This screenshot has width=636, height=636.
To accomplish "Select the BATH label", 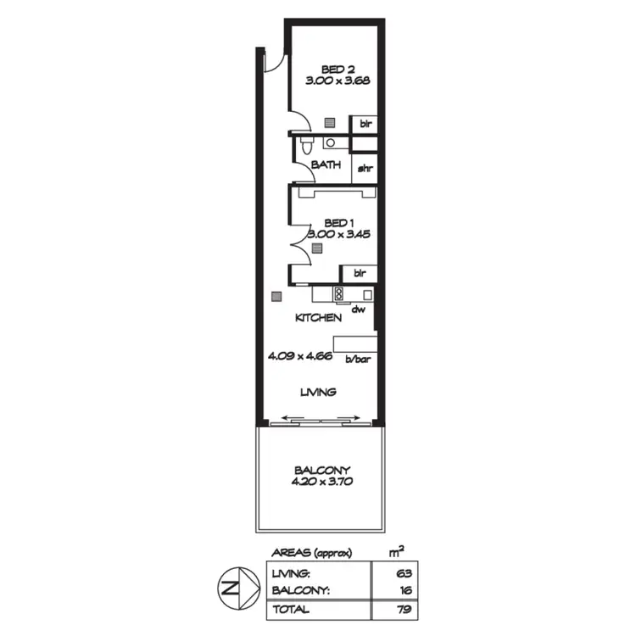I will click(x=326, y=165).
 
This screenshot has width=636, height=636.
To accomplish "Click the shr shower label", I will click(x=365, y=168).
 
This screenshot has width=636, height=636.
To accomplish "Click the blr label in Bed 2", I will click(x=365, y=124).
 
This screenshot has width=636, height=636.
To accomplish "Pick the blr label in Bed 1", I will click(x=359, y=273).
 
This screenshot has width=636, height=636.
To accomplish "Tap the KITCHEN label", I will click(x=318, y=318).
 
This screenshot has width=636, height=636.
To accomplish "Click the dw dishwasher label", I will click(x=358, y=310).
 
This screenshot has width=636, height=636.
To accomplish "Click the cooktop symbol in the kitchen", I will click(x=338, y=294).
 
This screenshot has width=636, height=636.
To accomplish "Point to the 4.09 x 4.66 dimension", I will click(x=299, y=357).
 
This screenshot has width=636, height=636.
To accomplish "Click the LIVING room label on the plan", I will click(x=319, y=392).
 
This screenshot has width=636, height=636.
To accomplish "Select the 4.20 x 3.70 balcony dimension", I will click(x=322, y=482).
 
